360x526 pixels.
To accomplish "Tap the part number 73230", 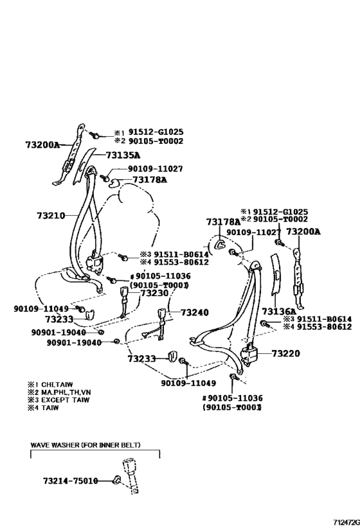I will click(x=154, y=292).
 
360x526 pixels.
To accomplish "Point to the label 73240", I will click(x=195, y=313).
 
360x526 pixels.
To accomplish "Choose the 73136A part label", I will click(x=287, y=311).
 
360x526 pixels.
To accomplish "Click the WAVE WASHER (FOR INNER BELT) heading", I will click(x=85, y=444).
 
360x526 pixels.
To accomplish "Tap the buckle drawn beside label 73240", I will click(x=163, y=317).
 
